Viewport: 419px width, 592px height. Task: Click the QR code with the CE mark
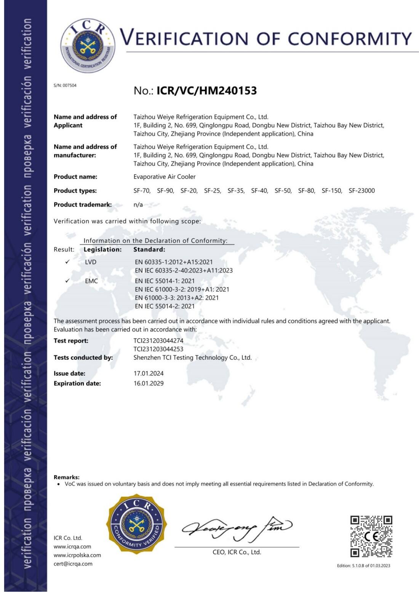pyautogui.click(x=371, y=536)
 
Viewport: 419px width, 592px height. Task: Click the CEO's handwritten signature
pyautogui.click(x=237, y=528)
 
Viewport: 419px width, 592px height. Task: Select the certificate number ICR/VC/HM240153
pyautogui.click(x=206, y=91)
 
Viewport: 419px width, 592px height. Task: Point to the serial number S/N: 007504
pyautogui.click(x=65, y=85)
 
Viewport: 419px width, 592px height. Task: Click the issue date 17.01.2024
pyautogui.click(x=149, y=373)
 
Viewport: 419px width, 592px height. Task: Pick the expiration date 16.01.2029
pyautogui.click(x=149, y=383)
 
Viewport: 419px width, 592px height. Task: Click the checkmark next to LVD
pyautogui.click(x=67, y=262)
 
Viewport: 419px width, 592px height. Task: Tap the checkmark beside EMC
pyautogui.click(x=67, y=281)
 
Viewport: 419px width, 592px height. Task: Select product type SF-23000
pyautogui.click(x=361, y=191)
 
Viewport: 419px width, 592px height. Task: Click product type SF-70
pyautogui.click(x=142, y=191)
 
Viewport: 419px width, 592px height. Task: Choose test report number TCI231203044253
pyautogui.click(x=158, y=349)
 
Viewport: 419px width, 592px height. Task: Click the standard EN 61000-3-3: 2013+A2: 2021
pyautogui.click(x=177, y=298)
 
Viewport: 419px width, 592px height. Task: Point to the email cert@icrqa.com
pyautogui.click(x=73, y=564)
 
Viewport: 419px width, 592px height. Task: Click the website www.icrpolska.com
pyautogui.click(x=77, y=555)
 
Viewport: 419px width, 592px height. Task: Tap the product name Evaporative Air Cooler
pyautogui.click(x=164, y=177)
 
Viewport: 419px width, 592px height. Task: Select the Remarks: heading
pyautogui.click(x=67, y=477)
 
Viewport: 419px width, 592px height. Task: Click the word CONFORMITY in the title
pyautogui.click(x=349, y=38)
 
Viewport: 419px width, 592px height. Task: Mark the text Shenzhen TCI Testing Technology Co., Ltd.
pyautogui.click(x=192, y=357)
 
